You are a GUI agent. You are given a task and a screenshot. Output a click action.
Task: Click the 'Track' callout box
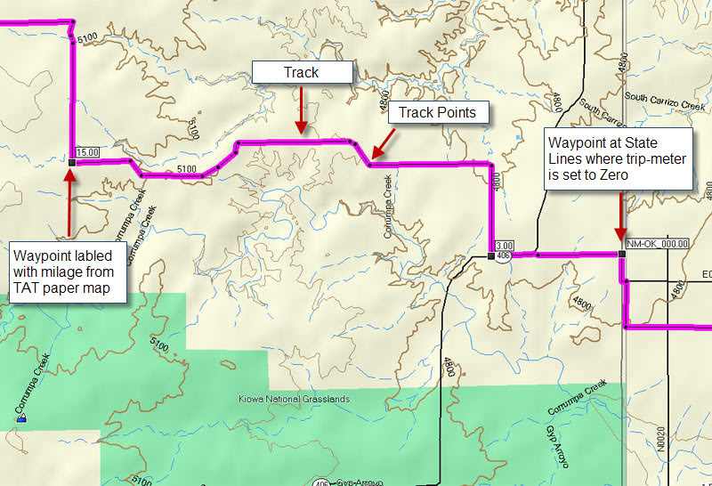click(x=301, y=72)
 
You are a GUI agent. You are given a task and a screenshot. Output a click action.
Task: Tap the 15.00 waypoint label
click(x=87, y=152)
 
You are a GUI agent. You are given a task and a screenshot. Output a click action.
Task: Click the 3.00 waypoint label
click(x=505, y=246)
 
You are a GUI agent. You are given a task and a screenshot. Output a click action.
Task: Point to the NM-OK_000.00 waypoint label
click(x=657, y=243)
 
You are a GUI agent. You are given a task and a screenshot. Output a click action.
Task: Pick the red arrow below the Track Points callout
click(x=385, y=142)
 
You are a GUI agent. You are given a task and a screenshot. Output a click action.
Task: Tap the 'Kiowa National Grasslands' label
click(x=293, y=400)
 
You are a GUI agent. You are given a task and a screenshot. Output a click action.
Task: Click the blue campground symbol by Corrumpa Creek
click(x=20, y=418)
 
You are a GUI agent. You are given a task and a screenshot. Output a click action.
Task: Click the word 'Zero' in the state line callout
click(x=611, y=175)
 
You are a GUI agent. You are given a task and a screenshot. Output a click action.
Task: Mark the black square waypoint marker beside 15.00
click(x=70, y=163)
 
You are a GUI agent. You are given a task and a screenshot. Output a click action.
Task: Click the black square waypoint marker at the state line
click(x=621, y=255)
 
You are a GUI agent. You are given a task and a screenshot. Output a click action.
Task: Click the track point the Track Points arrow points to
click(x=370, y=163)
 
